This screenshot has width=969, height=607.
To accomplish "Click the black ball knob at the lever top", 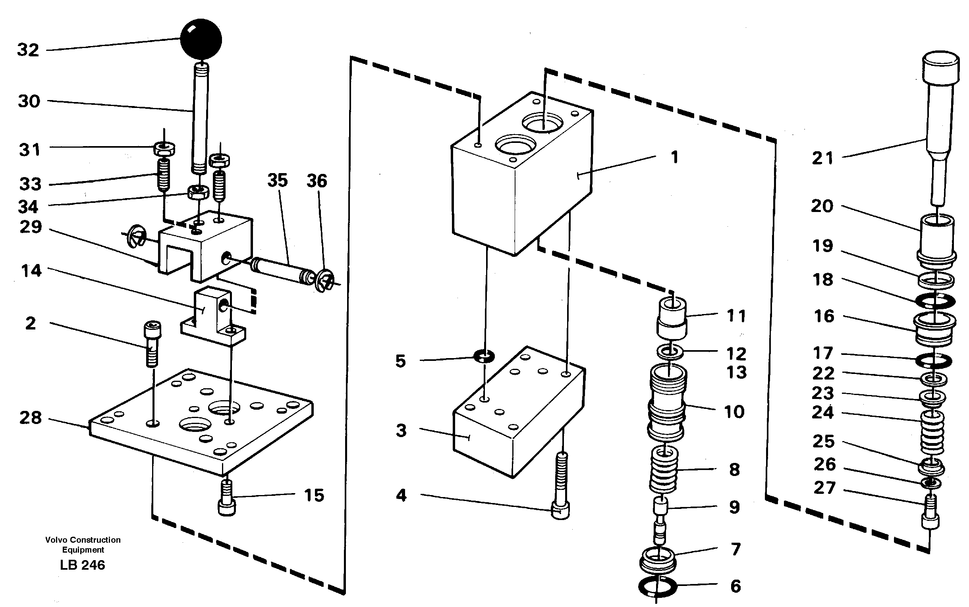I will click(201, 39).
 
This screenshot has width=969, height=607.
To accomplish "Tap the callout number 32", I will click(28, 50).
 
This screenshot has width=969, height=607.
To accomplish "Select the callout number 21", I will click(823, 158).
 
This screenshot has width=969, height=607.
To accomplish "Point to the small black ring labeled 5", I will click(484, 356).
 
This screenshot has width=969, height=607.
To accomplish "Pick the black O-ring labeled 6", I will click(657, 587).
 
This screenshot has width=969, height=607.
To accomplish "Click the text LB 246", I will click(82, 565).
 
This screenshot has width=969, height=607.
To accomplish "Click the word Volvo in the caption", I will click(56, 540).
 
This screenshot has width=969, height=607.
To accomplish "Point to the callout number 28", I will click(31, 418).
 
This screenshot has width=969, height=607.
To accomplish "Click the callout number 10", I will click(734, 412).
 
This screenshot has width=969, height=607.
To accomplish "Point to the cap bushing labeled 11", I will click(672, 317).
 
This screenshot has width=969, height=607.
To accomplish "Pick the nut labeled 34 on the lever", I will click(198, 192).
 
